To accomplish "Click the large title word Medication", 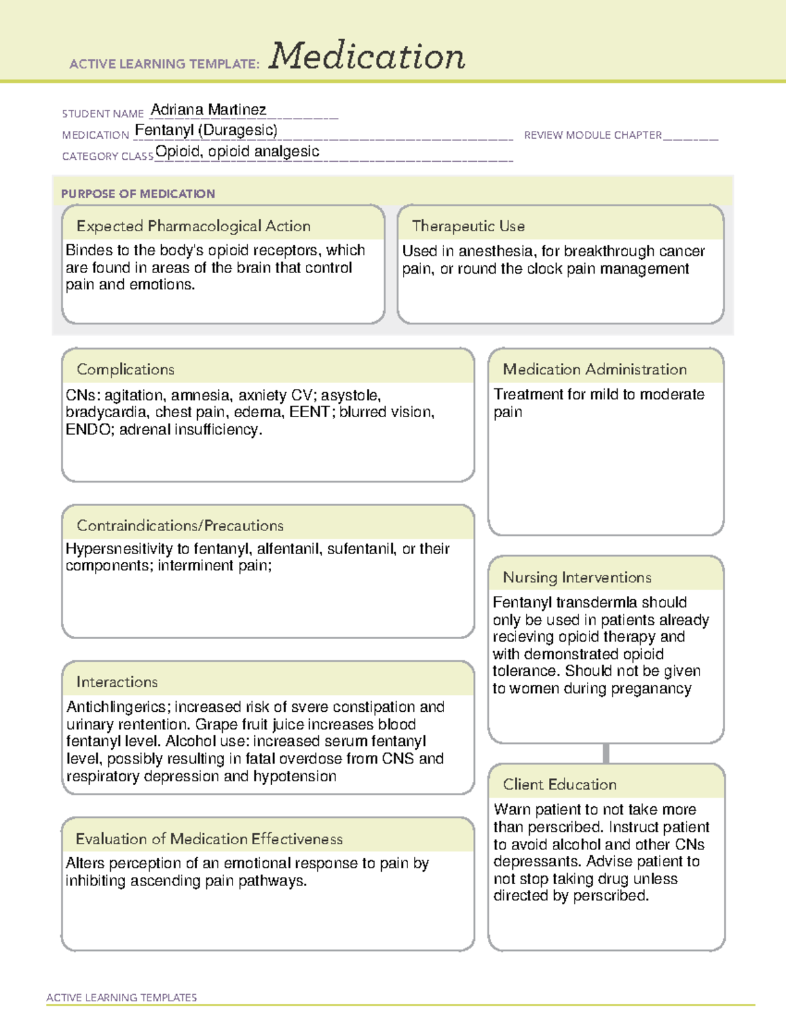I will (366, 56).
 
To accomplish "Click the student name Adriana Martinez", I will (208, 109).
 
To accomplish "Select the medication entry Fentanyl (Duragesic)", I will (206, 130).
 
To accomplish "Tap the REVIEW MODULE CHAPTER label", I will (593, 135).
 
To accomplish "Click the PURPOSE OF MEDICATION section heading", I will (138, 194).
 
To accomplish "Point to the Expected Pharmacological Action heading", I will (193, 226).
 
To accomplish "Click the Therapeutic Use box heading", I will (468, 226).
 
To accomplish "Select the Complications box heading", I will (125, 369).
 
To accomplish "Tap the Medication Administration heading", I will (594, 369).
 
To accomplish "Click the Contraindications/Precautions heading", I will (179, 525).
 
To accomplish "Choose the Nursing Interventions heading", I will (576, 578).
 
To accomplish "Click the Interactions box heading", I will (117, 682).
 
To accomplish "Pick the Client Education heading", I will (559, 785).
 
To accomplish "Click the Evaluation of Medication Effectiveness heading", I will (209, 839).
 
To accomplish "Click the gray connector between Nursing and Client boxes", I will (606, 753).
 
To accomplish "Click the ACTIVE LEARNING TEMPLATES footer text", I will (121, 997).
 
